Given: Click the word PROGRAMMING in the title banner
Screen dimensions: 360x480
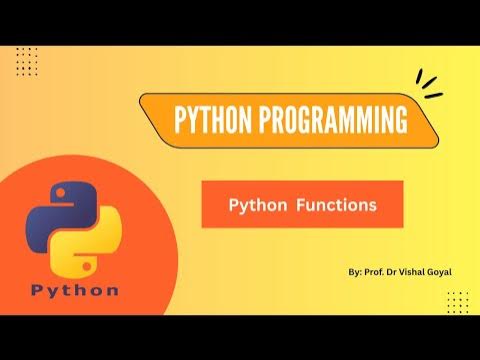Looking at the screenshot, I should tap(329, 122).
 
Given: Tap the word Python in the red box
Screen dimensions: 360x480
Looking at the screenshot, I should tap(253, 205).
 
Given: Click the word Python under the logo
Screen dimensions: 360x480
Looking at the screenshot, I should tap(74, 291).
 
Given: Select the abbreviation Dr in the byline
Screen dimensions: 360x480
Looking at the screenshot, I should tap(393, 270).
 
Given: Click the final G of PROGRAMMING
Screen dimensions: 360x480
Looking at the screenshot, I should tap(400, 122).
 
